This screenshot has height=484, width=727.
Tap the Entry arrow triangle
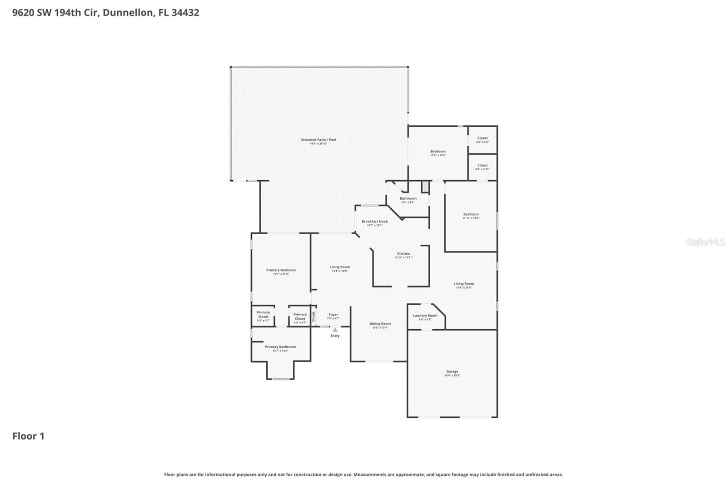click(335, 330)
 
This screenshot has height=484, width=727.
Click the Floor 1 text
click(28, 436)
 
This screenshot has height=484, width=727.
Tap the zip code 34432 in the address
click(185, 12)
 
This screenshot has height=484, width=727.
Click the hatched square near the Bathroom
click(425, 187)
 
